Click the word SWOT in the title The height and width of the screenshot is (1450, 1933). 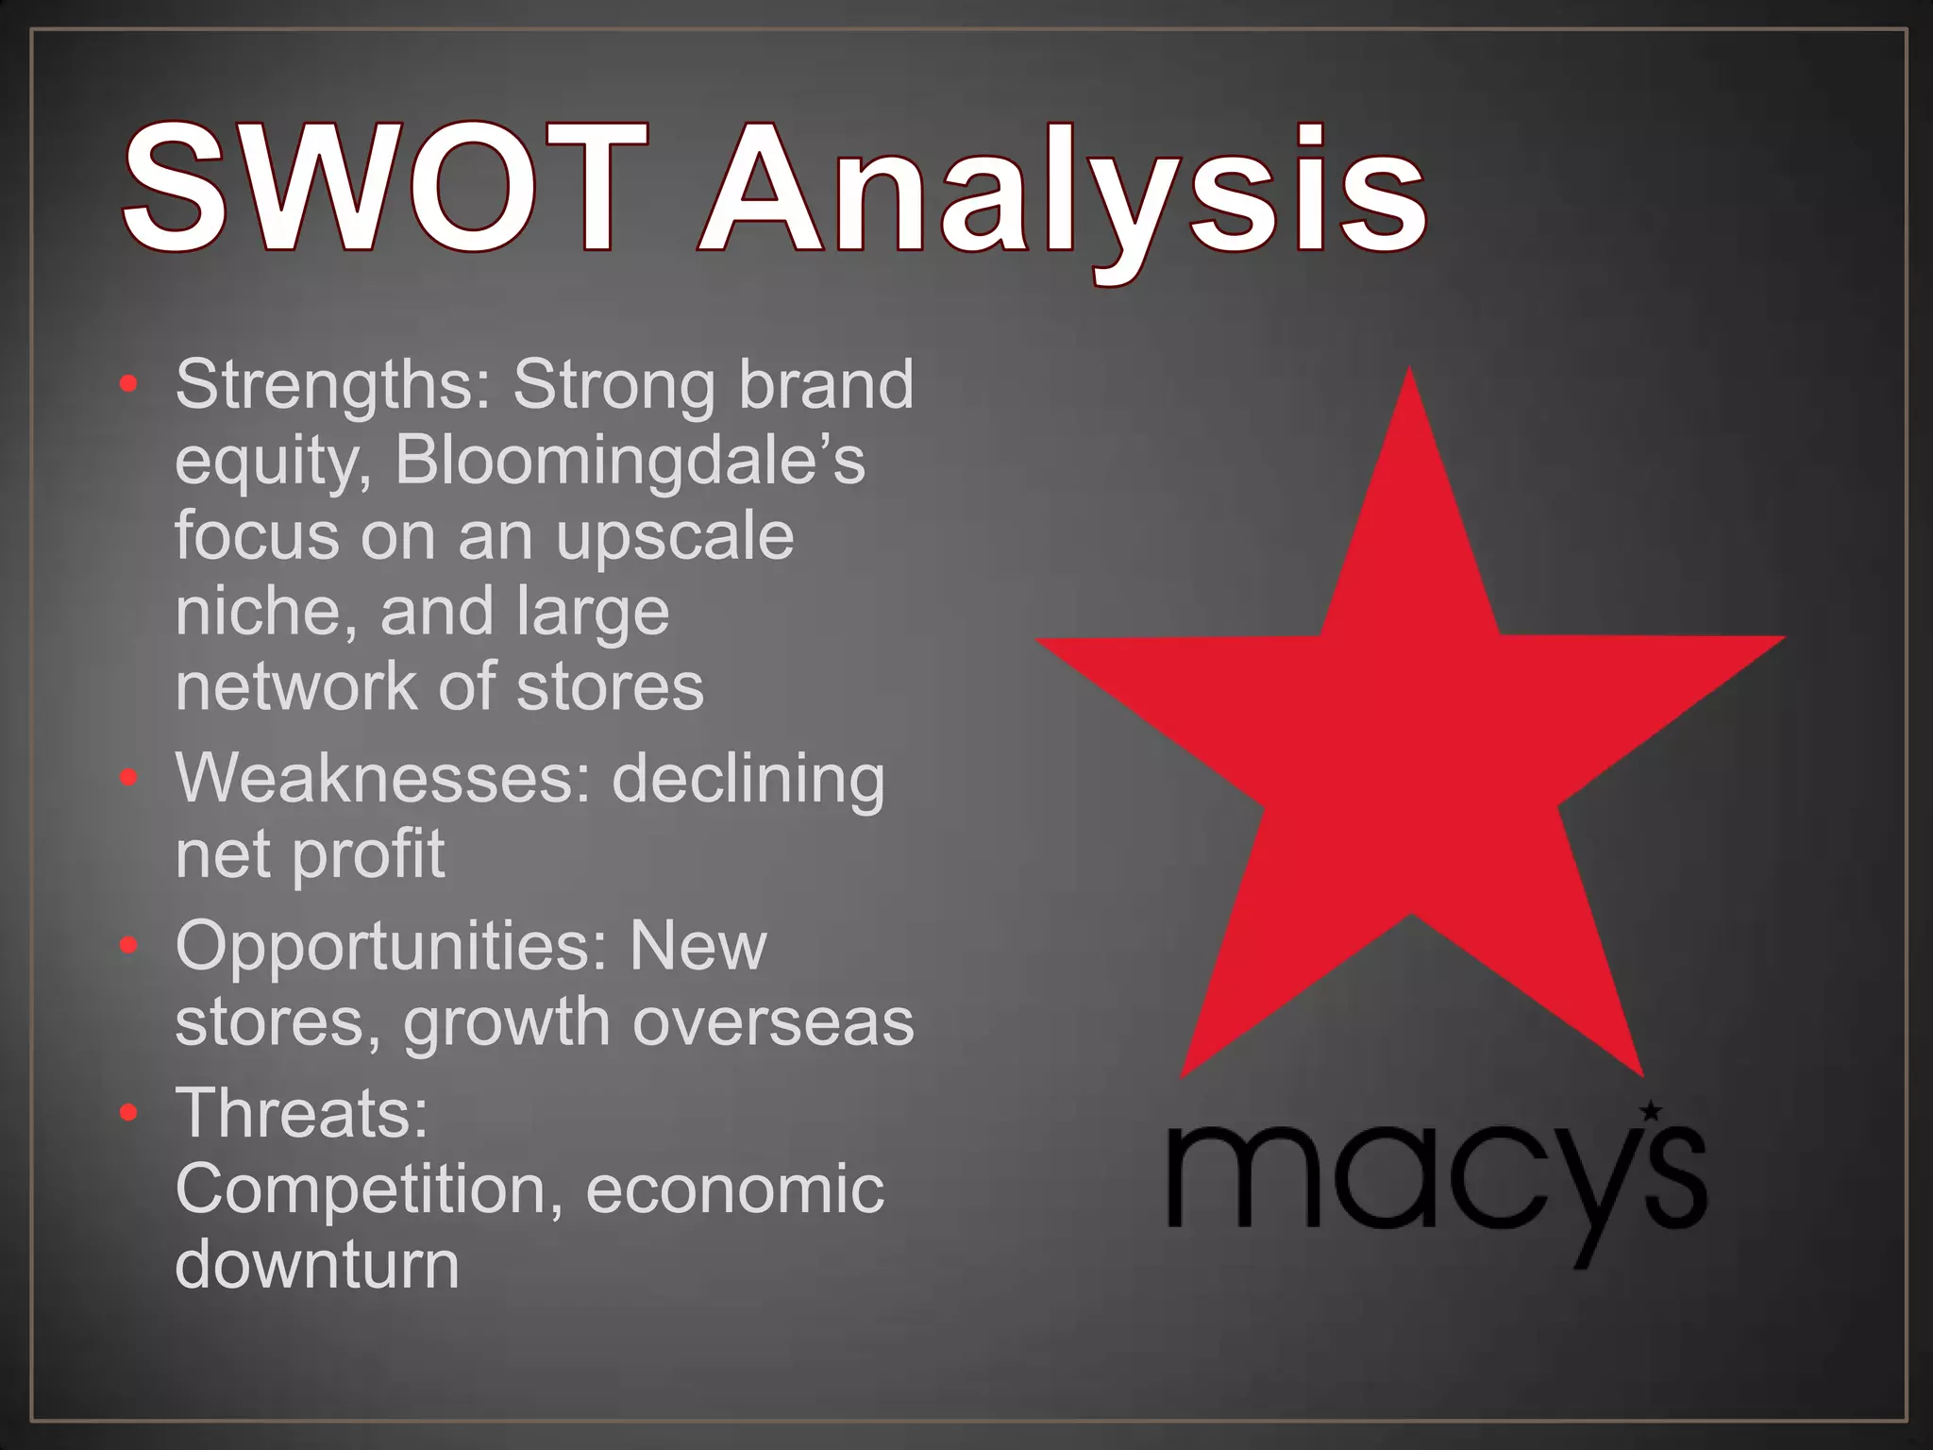click(385, 189)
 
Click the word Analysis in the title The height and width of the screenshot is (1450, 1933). click(1062, 194)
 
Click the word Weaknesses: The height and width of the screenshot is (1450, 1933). click(382, 780)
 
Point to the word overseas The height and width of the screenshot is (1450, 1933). click(773, 1022)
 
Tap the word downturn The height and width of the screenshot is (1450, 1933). click(317, 1264)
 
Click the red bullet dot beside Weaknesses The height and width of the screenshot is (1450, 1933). click(129, 778)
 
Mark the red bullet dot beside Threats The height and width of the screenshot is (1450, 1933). click(129, 1113)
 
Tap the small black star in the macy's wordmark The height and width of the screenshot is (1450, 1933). click(1651, 1111)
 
